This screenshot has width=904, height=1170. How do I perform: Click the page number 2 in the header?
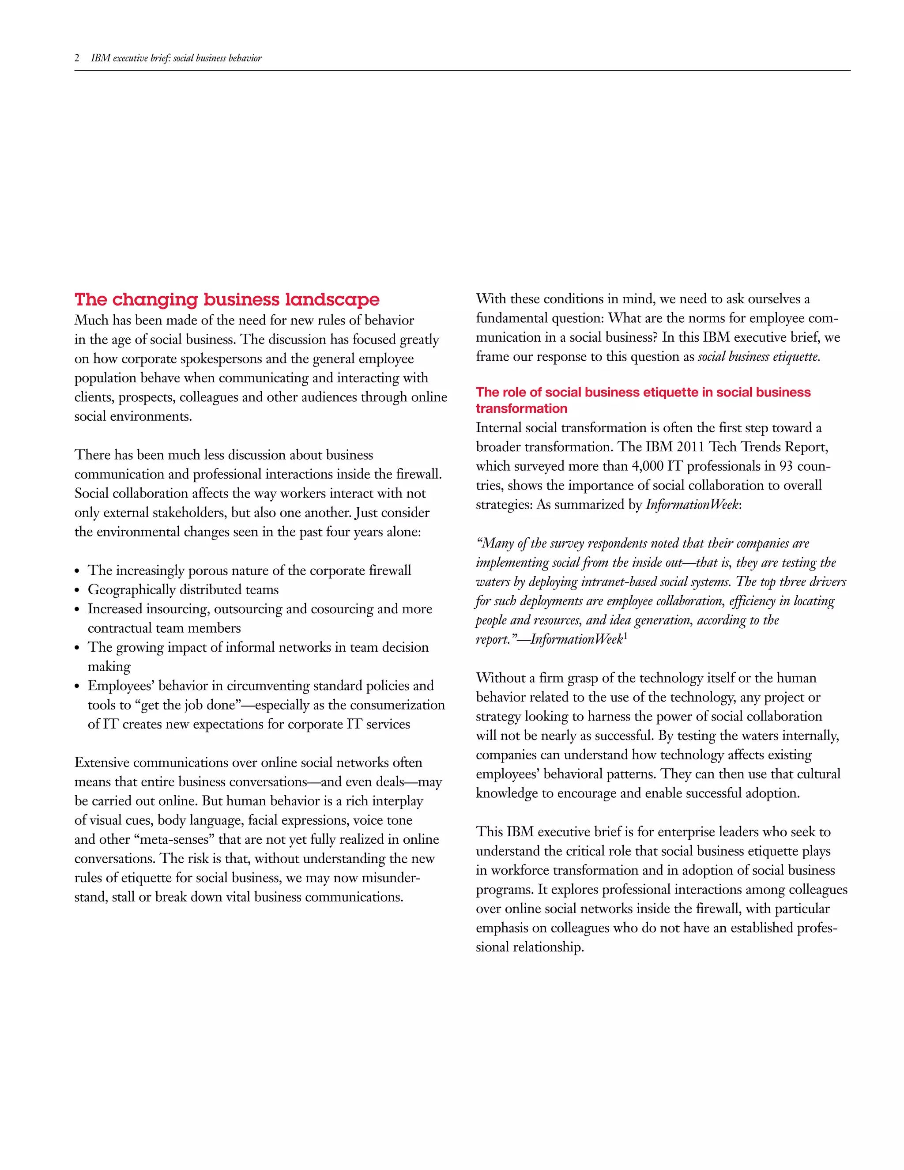click(x=77, y=58)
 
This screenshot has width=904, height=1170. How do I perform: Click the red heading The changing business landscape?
click(x=226, y=299)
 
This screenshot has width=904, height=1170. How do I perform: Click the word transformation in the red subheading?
click(x=521, y=408)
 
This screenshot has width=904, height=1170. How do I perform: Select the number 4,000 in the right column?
click(x=648, y=466)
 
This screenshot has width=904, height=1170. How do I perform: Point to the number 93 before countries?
click(x=786, y=466)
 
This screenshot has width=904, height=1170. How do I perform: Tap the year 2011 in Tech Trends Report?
click(x=690, y=447)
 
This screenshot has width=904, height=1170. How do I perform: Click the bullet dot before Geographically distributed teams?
click(x=77, y=590)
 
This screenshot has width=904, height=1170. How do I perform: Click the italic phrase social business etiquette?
click(x=758, y=357)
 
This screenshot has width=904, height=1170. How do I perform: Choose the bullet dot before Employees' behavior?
click(x=77, y=687)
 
